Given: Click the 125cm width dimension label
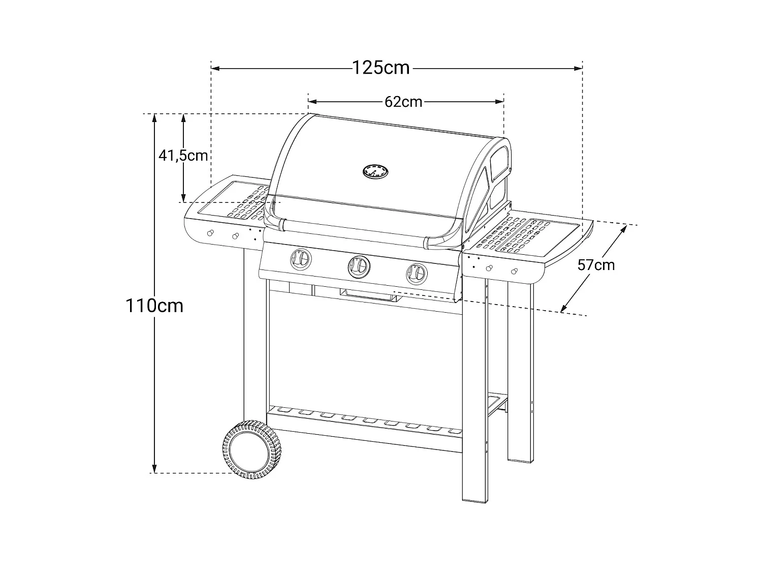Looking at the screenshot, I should click(381, 67).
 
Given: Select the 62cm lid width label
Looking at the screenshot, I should click(403, 102).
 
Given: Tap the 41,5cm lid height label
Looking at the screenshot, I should click(183, 155).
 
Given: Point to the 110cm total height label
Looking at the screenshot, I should click(154, 306).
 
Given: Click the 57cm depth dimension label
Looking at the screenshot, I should click(596, 265).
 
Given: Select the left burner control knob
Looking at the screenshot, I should click(300, 259).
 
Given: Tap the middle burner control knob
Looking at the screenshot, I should click(359, 265).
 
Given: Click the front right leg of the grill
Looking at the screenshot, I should click(474, 397).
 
